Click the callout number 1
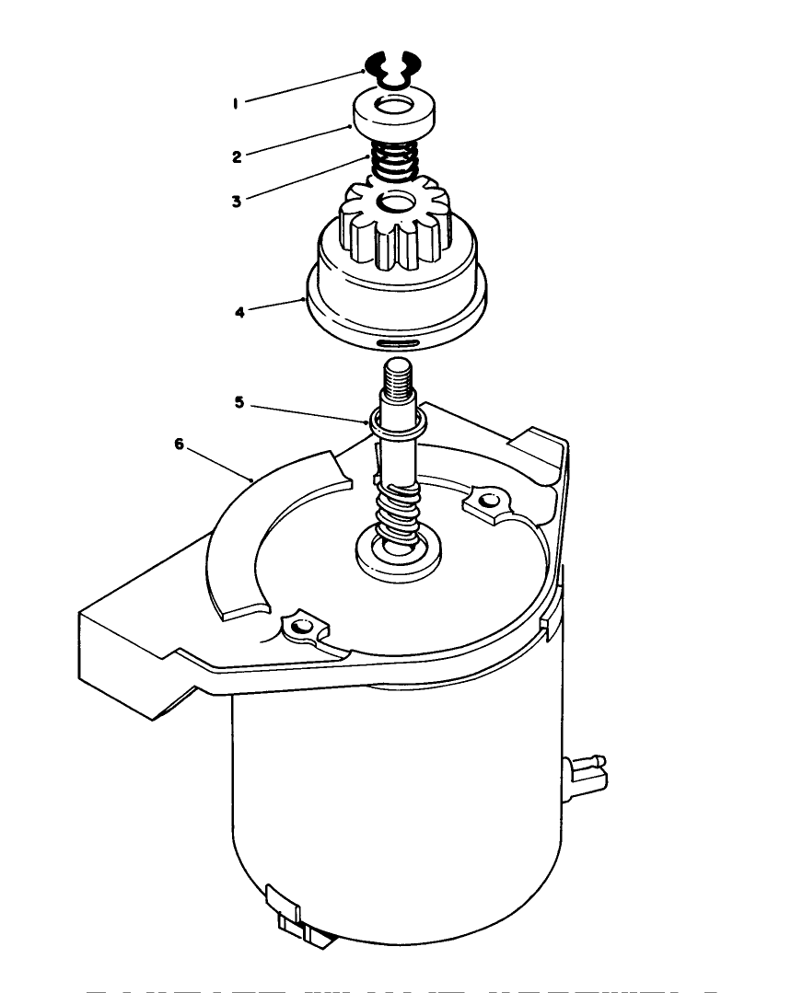point(236,104)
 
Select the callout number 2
point(237,156)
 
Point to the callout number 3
point(237,201)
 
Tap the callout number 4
point(239,312)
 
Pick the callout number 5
point(239,402)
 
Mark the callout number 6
point(180,444)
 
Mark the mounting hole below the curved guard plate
point(297,628)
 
